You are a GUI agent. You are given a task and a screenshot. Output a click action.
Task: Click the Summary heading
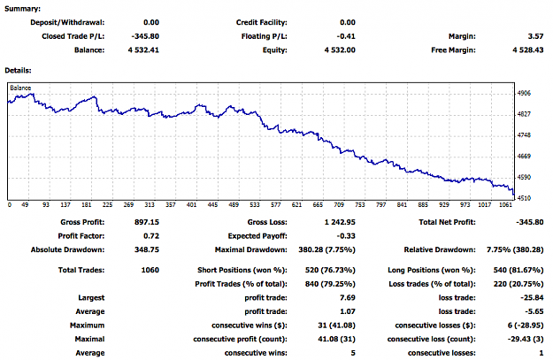click(x=22, y=9)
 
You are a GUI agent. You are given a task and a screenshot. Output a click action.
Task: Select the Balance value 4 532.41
click(x=143, y=50)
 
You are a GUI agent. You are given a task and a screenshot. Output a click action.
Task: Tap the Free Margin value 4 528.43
click(x=528, y=50)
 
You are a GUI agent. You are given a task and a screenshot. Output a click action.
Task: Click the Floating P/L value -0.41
click(x=346, y=36)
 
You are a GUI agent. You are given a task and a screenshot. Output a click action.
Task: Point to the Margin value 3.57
click(x=535, y=36)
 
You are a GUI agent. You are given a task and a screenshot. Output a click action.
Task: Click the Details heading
click(x=18, y=71)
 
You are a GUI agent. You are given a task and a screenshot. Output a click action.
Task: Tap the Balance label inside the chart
click(x=20, y=88)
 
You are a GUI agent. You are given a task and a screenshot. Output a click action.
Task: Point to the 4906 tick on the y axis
click(x=524, y=93)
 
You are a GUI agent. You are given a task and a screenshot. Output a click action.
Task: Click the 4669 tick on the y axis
click(x=524, y=157)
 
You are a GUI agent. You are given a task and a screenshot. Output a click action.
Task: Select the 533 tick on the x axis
click(x=255, y=205)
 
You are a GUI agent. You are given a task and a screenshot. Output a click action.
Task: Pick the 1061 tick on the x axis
click(x=505, y=205)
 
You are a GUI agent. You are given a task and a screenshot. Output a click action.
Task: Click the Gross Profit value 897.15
click(x=147, y=222)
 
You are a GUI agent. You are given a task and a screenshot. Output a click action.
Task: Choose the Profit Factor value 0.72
click(x=151, y=236)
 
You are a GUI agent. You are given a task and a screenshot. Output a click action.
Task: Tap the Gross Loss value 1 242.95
click(x=340, y=222)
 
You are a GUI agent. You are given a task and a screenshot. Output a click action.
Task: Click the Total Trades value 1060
click(x=150, y=270)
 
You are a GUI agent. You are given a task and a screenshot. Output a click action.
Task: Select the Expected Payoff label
click(x=257, y=236)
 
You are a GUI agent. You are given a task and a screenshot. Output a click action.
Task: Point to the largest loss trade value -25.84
click(x=532, y=297)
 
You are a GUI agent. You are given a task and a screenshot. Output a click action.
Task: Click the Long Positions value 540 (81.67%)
click(x=518, y=270)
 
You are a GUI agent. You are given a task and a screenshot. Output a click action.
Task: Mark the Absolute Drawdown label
click(x=68, y=249)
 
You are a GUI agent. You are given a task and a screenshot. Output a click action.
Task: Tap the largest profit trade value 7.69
click(x=348, y=297)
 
